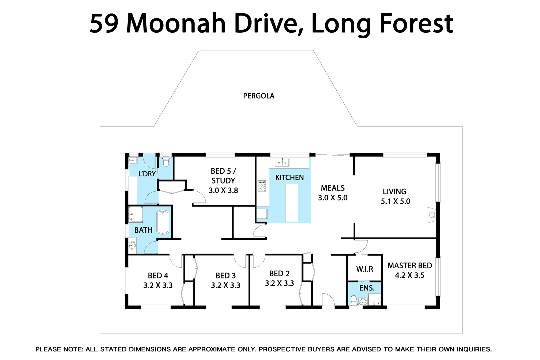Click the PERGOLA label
[259, 96]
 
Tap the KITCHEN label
[289, 178]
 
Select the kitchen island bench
[291, 203]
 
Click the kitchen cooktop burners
[262, 186]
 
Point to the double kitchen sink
[282, 162]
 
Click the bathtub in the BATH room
[163, 222]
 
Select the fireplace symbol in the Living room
[431, 215]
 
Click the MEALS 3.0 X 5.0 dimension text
[333, 198]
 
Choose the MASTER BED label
[410, 266]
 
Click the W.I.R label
[364, 269]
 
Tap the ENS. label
[367, 288]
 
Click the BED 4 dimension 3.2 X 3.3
[158, 285]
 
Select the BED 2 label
[279, 274]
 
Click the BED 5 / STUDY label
[223, 176]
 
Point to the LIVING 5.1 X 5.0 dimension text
[395, 201]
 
